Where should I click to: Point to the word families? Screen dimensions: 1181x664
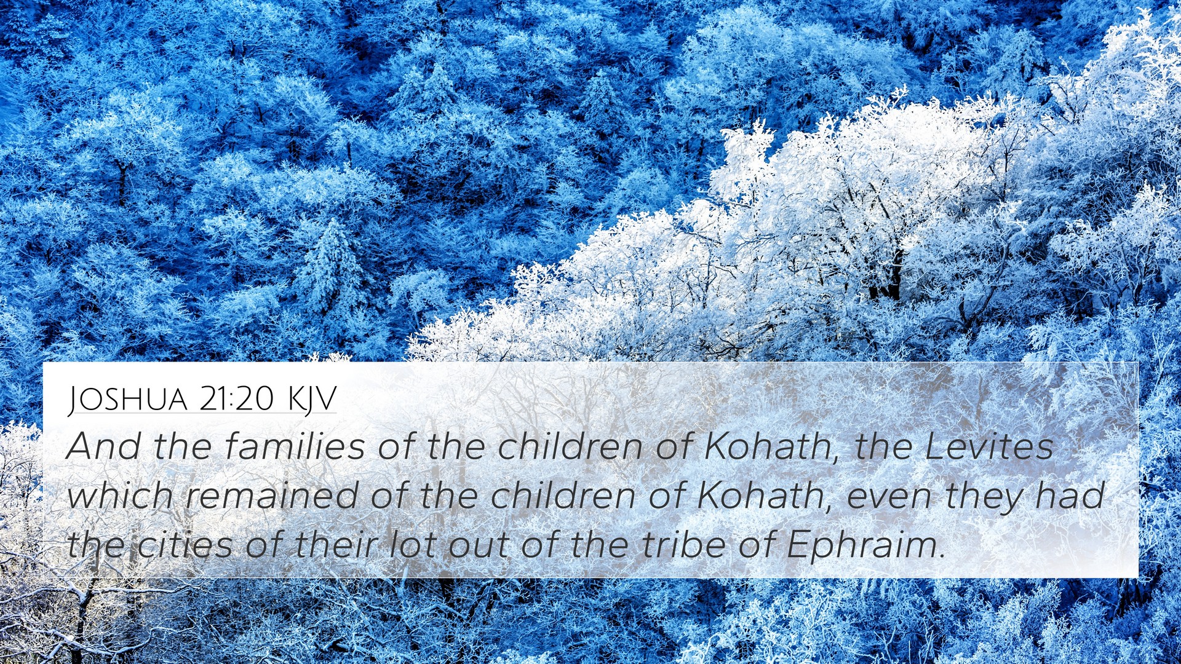295,446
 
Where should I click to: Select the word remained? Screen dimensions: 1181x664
272,496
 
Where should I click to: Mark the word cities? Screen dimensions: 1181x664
185,545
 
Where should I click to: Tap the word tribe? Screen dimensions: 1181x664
683,545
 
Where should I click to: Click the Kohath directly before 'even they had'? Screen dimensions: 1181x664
760,497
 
